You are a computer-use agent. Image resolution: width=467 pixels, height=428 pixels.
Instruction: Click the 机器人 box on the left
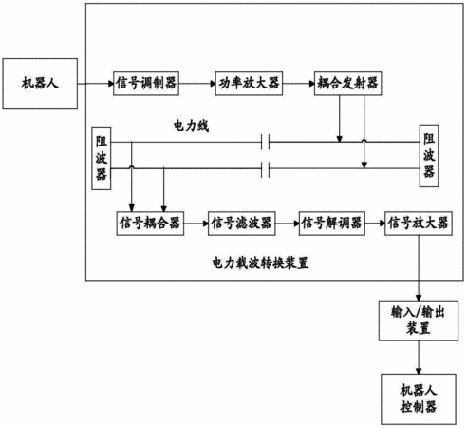(40, 84)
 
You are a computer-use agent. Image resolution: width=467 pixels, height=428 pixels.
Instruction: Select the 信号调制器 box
(146, 84)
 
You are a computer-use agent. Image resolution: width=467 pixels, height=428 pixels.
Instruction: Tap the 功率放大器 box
(249, 84)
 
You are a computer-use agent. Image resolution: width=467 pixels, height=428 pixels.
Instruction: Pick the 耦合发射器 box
(347, 84)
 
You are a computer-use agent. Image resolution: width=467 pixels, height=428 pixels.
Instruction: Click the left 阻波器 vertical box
(102, 159)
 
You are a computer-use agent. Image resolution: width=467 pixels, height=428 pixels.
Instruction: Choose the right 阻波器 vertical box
(429, 156)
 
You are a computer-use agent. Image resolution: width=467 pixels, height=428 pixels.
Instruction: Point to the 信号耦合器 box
(150, 224)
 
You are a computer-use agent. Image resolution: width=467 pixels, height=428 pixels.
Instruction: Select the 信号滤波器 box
(242, 224)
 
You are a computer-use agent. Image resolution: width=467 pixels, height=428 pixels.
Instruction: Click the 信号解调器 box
(332, 224)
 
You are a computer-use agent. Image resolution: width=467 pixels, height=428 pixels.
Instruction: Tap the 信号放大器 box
(419, 224)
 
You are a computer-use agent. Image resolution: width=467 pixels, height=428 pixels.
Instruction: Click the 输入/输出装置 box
(419, 321)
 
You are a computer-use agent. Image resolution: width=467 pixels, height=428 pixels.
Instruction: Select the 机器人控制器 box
(419, 399)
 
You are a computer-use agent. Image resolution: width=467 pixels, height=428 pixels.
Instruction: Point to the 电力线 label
(191, 126)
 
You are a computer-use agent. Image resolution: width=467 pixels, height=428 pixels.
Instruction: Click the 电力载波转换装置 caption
(260, 263)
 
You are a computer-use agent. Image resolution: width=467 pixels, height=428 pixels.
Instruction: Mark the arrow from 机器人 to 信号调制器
(96, 84)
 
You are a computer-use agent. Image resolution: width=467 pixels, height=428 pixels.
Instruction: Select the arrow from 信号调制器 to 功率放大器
(197, 84)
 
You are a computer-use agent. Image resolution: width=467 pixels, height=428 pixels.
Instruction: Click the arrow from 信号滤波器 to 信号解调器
(288, 224)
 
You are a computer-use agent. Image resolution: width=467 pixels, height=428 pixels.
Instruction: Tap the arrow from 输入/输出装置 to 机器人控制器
(419, 358)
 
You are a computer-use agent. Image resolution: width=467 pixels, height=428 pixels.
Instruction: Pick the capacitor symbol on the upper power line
(266, 142)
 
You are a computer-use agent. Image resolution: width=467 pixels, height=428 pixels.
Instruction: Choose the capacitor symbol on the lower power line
(266, 169)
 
